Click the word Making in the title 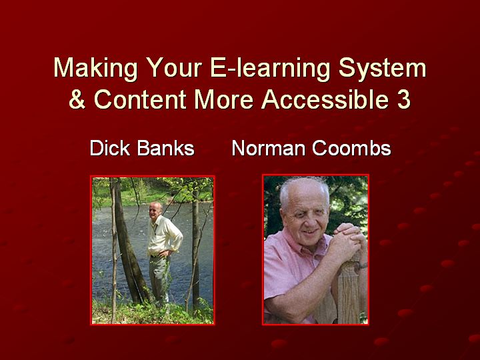95,69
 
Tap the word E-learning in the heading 271,69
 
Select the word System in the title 383,69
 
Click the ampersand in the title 77,99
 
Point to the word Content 140,99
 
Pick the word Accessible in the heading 325,99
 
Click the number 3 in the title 404,99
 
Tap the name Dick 110,149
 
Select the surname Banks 165,149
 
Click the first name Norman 269,149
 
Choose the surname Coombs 351,149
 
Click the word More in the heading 224,99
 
